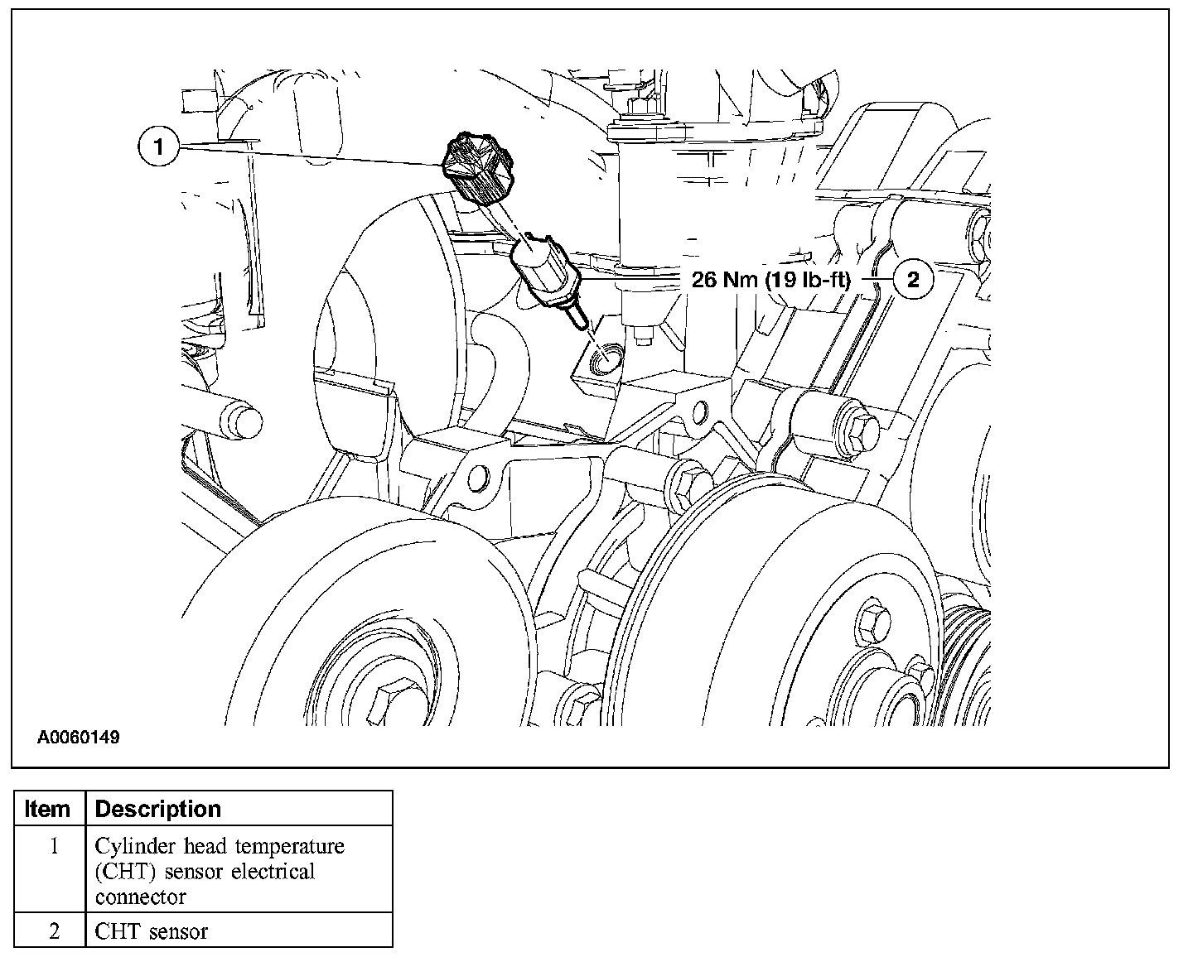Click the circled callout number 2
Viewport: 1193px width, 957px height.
coord(913,280)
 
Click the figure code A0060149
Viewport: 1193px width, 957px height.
coord(78,737)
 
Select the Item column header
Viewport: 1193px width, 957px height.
coord(48,809)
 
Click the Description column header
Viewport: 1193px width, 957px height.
coord(158,809)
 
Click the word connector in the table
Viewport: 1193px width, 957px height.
coord(140,897)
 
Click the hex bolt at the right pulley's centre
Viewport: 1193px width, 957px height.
coord(875,622)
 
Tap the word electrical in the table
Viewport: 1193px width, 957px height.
coord(273,872)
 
